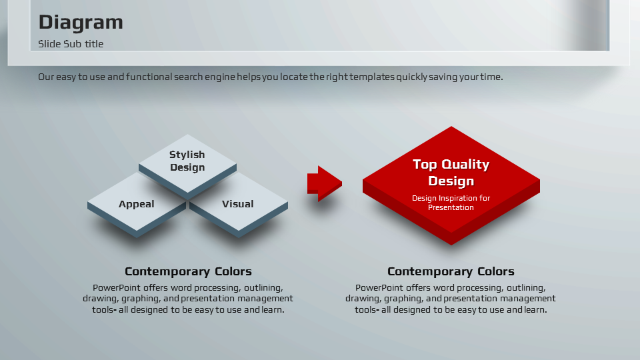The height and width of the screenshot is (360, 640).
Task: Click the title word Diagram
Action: tap(81, 23)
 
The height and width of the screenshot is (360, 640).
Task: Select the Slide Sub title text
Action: tap(71, 44)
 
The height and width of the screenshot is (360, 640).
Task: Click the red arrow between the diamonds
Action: tap(325, 184)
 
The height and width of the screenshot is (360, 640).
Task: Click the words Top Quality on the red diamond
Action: tap(451, 164)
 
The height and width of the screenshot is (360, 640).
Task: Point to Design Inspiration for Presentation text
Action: tap(451, 203)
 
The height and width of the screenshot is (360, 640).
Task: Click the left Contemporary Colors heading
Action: tap(188, 271)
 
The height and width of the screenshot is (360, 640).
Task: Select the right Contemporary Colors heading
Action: tap(451, 271)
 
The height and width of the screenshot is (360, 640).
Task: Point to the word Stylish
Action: tap(187, 155)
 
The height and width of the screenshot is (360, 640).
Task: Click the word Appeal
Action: tap(136, 204)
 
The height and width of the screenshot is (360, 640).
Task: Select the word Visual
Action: tap(237, 204)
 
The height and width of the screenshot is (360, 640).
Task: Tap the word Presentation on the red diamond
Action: tap(451, 207)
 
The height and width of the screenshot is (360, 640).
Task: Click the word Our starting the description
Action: tap(46, 77)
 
